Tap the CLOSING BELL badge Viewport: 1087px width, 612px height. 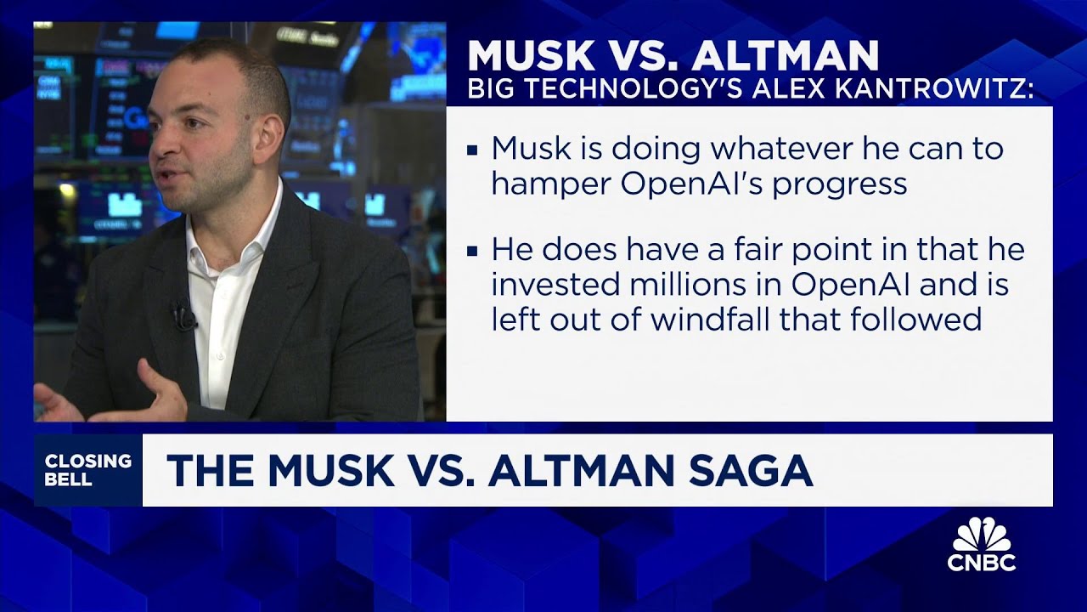coord(88,470)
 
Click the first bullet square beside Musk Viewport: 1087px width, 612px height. coord(473,150)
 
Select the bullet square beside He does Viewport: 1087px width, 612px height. coord(473,251)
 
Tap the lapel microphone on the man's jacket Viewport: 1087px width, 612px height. coord(181,315)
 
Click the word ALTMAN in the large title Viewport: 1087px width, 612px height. coord(785,56)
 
